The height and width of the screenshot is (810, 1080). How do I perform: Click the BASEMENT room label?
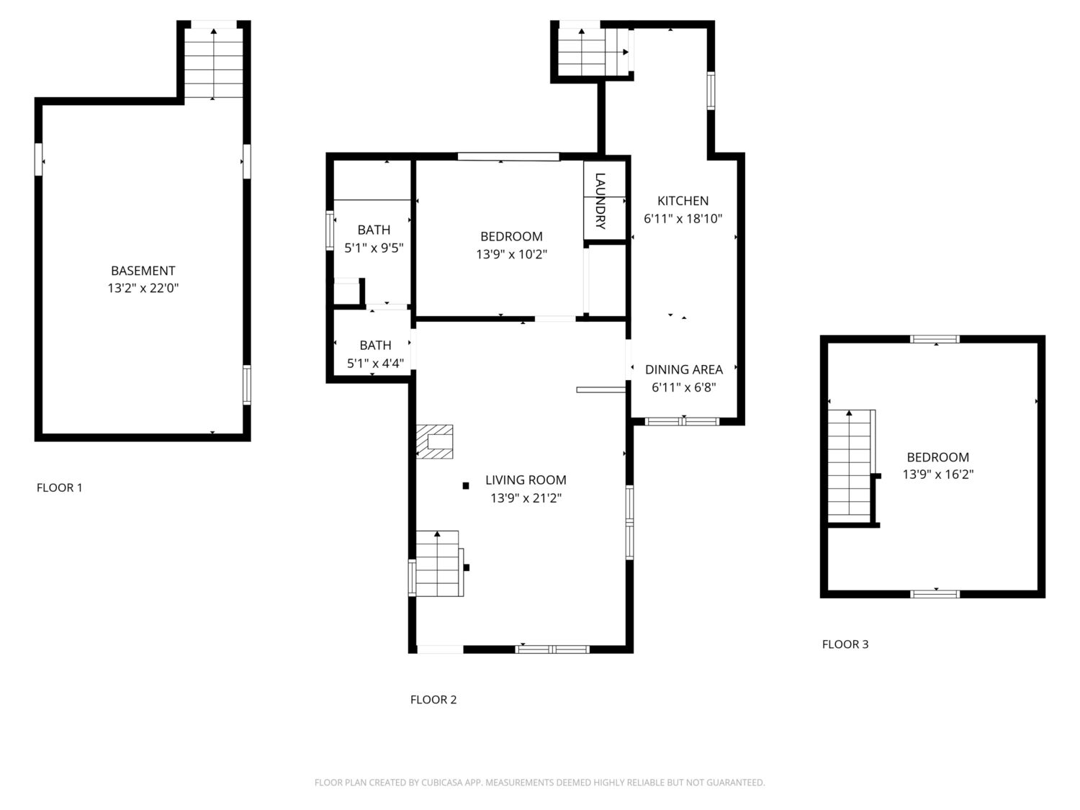(143, 271)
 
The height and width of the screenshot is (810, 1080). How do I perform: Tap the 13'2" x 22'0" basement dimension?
(143, 288)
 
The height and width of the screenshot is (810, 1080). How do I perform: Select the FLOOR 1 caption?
(60, 487)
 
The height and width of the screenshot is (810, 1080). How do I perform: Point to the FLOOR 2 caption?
(433, 699)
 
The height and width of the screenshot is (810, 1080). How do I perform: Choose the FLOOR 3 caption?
(845, 644)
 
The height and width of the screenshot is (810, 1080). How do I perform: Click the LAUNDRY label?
(600, 201)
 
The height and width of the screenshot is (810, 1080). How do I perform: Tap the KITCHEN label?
(683, 201)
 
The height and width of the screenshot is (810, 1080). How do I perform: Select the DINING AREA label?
(684, 369)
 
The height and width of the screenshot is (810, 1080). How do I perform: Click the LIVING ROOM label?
(526, 480)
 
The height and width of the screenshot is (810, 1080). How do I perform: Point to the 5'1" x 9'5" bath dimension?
(374, 248)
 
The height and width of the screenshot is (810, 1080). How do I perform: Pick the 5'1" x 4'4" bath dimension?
(375, 363)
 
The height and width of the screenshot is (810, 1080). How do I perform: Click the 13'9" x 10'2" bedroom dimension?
(512, 254)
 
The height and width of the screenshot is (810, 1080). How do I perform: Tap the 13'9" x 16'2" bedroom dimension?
(938, 474)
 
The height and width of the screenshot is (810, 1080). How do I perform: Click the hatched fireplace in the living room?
(434, 441)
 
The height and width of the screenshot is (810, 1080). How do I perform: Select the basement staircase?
(214, 63)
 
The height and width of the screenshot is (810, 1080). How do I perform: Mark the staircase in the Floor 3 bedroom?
(851, 467)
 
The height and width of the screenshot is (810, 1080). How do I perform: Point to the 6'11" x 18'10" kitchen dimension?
(683, 218)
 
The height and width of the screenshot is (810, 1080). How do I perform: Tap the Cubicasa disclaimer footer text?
(540, 782)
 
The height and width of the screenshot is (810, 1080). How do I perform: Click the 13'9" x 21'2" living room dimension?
(526, 498)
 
